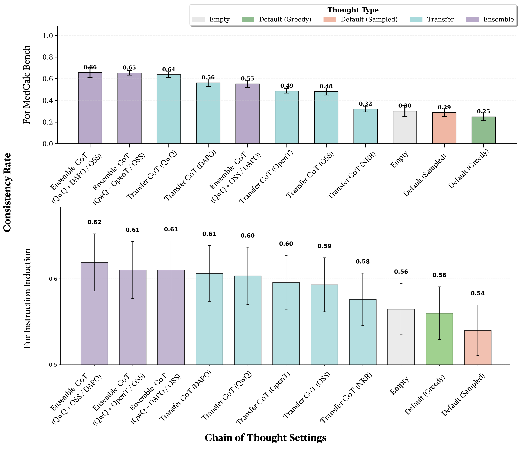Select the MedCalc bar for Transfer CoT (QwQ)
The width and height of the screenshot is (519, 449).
point(169,109)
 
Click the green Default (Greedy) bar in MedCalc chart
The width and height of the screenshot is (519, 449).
point(483,130)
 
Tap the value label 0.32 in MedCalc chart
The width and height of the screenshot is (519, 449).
point(365,104)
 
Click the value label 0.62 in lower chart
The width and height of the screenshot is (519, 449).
point(94,222)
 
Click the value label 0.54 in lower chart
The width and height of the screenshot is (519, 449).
point(478,293)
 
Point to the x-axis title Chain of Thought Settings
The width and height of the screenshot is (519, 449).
point(265,438)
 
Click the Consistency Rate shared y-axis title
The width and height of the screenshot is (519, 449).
point(8,192)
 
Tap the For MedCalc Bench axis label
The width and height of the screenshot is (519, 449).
point(27,85)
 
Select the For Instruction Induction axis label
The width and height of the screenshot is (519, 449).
point(27,298)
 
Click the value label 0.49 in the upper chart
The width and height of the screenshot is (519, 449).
point(287,86)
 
